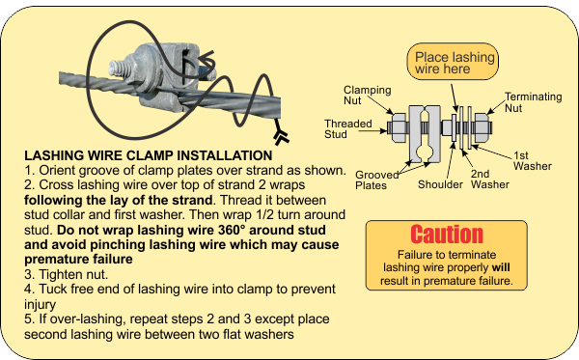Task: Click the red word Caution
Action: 447,235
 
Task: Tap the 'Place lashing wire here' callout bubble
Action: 453,62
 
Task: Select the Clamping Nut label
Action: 367,96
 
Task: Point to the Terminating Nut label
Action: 534,102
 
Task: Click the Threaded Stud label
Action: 347,129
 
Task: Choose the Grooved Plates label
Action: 377,180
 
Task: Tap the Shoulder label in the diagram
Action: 440,184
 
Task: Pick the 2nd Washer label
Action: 490,180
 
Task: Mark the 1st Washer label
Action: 533,160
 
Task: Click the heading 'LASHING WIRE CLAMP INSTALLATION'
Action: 149,155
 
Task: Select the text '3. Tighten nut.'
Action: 66,274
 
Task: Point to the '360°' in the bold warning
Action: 232,230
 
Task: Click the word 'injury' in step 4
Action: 41,305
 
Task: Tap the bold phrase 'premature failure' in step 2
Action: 79,260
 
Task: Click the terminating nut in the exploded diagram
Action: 482,127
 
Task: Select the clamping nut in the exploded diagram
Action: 399,127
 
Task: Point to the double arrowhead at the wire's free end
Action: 282,137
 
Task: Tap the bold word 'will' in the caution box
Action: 501,267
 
